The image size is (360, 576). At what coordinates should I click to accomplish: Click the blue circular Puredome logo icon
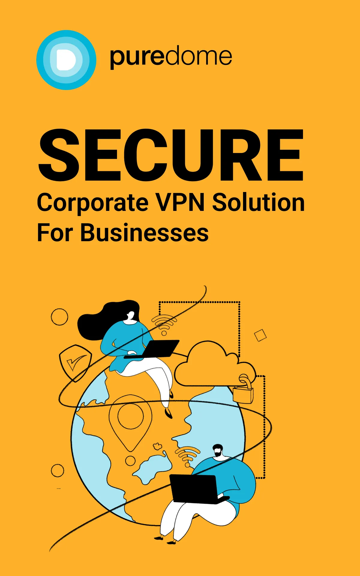point(66,60)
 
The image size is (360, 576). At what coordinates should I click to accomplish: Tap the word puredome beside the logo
point(171,57)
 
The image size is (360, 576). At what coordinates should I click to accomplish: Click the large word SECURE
point(171,155)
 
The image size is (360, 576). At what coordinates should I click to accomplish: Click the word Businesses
point(144,232)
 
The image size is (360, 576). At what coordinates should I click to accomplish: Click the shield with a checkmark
point(75,363)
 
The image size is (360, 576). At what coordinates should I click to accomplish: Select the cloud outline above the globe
point(215,364)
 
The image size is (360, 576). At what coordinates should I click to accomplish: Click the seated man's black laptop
point(198,489)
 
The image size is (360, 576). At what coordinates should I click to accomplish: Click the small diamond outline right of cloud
point(260,335)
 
